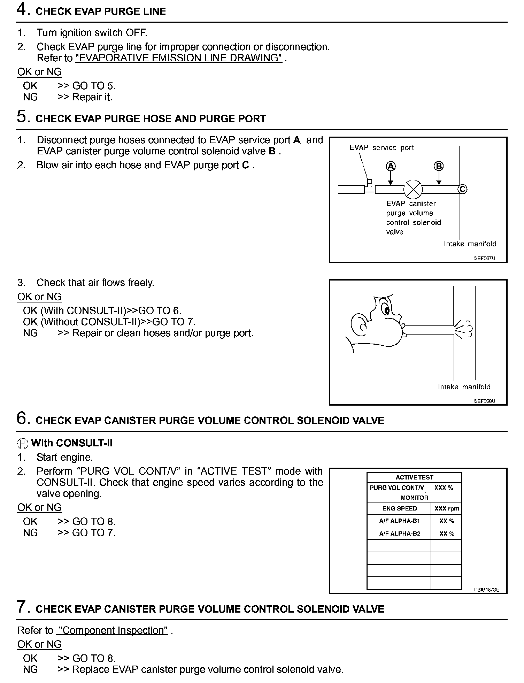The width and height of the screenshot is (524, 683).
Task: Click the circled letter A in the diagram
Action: tap(391, 166)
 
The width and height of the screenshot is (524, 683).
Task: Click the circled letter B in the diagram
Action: tap(439, 166)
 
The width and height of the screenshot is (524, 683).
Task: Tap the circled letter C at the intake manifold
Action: tap(462, 189)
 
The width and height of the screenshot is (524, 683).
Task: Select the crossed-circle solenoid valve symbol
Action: tap(413, 189)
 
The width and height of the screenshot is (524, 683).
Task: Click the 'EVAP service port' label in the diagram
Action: tap(382, 148)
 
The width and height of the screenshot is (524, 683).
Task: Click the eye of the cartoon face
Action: tap(386, 309)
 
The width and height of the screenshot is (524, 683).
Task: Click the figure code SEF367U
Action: tap(484, 258)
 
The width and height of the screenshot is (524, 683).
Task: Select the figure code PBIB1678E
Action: tap(486, 590)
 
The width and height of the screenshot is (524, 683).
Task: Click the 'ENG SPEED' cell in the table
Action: tap(400, 508)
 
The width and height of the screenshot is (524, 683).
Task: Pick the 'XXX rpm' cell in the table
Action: tap(447, 508)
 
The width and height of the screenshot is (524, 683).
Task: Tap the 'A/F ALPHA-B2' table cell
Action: tap(400, 534)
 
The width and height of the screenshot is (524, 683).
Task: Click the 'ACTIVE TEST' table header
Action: tap(414, 477)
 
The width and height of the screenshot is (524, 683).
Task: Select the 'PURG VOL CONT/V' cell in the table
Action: tap(396, 488)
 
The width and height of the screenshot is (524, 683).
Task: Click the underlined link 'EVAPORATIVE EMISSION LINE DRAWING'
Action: tap(179, 58)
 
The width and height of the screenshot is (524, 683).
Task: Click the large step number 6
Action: tap(22, 418)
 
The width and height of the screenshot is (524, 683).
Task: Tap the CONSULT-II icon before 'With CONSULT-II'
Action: tap(23, 444)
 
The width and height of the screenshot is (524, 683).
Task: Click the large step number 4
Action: tap(22, 9)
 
